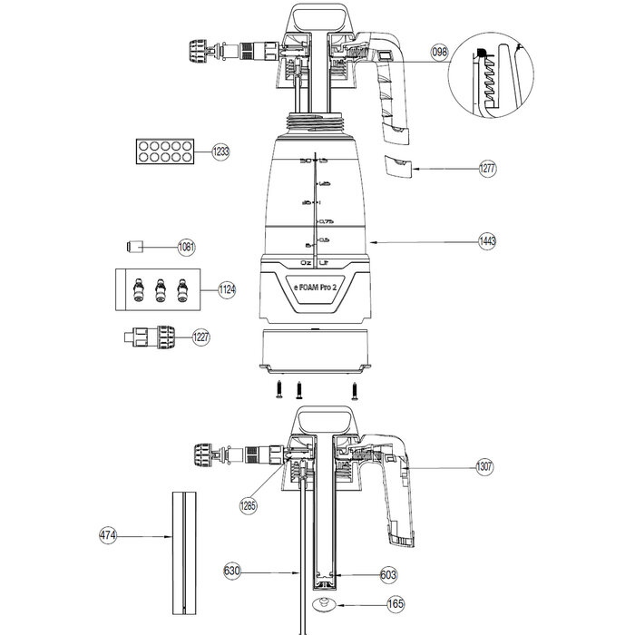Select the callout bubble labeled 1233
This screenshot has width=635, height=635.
[x=221, y=152]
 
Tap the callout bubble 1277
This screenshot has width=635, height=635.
[x=489, y=169]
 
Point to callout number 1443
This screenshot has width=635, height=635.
[x=489, y=242]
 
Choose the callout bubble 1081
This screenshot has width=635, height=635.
[x=187, y=247]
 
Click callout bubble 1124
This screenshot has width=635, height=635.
[x=227, y=290]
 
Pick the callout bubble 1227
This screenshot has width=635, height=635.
[x=200, y=337]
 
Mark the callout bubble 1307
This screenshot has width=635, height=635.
[x=486, y=467]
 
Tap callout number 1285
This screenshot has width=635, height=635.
[x=248, y=505]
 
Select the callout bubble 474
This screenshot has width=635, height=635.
[x=108, y=536]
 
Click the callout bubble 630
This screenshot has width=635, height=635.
[x=232, y=571]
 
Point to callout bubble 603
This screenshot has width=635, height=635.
[x=387, y=574]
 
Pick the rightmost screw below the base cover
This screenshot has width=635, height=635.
[x=356, y=390]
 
